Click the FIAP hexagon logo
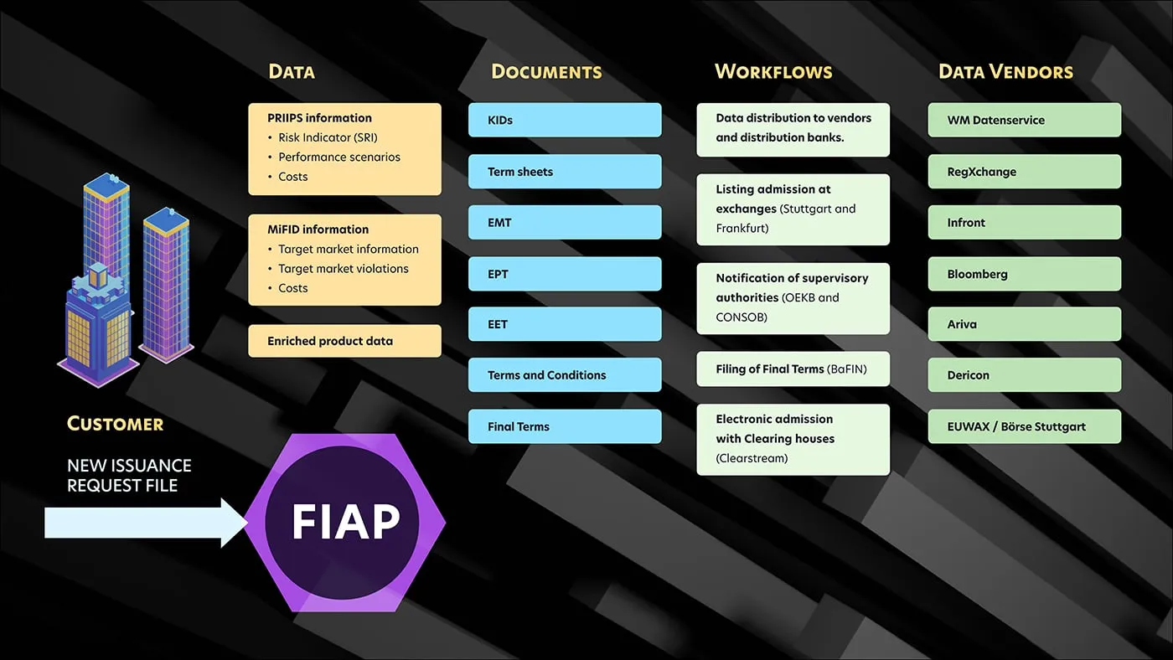(345, 522)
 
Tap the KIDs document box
(564, 120)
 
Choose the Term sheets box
(564, 172)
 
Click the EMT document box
(564, 223)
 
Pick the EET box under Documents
(564, 324)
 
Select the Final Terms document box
(564, 426)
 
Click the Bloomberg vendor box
(1024, 274)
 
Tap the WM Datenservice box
(1024, 120)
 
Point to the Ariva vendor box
(1024, 324)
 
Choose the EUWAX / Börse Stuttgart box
(1024, 426)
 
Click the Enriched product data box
(344, 341)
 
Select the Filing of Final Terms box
(793, 369)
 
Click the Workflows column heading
(773, 72)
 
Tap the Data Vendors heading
(1005, 72)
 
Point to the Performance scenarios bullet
(339, 157)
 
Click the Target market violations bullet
(344, 269)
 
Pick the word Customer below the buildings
(115, 424)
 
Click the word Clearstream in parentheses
(752, 458)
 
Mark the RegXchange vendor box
(1024, 172)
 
